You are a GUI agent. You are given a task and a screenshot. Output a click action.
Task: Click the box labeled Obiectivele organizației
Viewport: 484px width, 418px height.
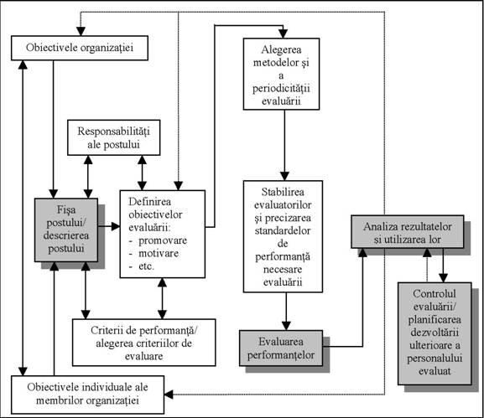pos(80,48)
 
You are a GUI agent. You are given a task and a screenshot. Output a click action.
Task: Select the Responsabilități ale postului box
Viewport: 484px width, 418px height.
pos(114,137)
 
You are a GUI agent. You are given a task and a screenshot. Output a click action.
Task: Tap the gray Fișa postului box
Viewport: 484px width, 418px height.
pos(66,230)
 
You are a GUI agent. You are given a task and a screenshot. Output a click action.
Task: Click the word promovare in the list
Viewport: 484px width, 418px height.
pos(163,240)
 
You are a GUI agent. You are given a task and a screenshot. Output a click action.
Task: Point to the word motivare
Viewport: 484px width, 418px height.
pos(159,253)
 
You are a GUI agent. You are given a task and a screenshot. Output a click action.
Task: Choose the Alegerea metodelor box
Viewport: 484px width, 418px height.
pos(281,74)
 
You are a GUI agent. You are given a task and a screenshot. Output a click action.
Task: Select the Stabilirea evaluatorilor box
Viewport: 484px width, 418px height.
pos(283,236)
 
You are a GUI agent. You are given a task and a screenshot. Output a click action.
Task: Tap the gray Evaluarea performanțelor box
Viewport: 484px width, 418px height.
pos(281,348)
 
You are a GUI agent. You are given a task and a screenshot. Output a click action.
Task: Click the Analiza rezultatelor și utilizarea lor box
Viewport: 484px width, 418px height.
pos(408,232)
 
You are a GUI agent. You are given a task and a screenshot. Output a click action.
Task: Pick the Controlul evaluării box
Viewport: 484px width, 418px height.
pos(435,333)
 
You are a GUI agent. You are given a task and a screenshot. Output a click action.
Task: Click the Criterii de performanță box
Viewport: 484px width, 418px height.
pos(143,343)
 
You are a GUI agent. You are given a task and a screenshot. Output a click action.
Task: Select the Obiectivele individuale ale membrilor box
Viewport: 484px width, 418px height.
pos(88,395)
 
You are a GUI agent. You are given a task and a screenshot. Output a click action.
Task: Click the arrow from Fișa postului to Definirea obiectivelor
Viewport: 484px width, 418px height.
pos(109,226)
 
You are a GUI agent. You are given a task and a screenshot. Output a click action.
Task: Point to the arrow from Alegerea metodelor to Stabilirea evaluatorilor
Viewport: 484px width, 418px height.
pos(284,145)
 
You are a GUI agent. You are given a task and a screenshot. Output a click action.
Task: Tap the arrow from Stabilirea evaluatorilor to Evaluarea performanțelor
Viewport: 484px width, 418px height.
pos(286,312)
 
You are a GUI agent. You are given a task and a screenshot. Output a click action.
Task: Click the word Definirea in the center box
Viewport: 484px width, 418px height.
pos(149,202)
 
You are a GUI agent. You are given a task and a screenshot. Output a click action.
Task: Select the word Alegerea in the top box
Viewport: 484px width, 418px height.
pos(281,49)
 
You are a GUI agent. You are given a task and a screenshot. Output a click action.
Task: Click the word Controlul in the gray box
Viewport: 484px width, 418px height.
pos(435,294)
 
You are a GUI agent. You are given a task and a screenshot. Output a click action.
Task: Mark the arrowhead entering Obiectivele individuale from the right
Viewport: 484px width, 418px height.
pos(169,395)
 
